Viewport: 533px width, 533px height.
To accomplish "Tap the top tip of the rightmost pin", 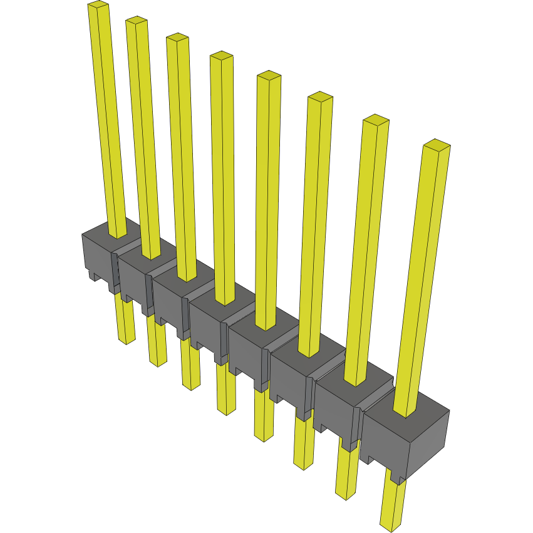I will tap(437, 145).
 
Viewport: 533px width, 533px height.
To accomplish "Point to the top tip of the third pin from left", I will tap(177, 38).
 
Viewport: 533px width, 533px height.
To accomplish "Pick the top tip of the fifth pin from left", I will tap(269, 76).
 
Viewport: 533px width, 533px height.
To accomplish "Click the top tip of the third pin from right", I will tap(319, 97).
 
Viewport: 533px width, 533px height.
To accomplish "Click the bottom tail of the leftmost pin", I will tap(127, 338).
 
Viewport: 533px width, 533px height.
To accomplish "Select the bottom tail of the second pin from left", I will tap(158, 361).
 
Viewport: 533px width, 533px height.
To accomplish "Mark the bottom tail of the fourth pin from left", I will tap(226, 409).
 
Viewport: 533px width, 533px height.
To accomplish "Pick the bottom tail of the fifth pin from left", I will tap(264, 436).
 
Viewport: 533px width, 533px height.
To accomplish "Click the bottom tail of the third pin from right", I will tap(303, 463).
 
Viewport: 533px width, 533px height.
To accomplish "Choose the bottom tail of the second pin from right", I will tap(345, 494).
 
